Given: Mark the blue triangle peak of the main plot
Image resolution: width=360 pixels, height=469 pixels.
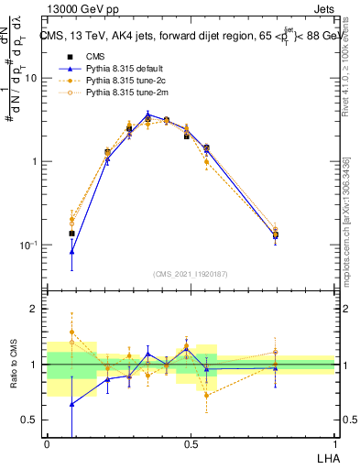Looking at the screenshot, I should (148, 114).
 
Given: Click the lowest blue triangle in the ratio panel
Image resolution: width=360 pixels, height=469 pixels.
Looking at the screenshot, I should (72, 403).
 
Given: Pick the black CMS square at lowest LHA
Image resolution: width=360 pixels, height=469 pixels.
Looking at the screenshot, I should (72, 234).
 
